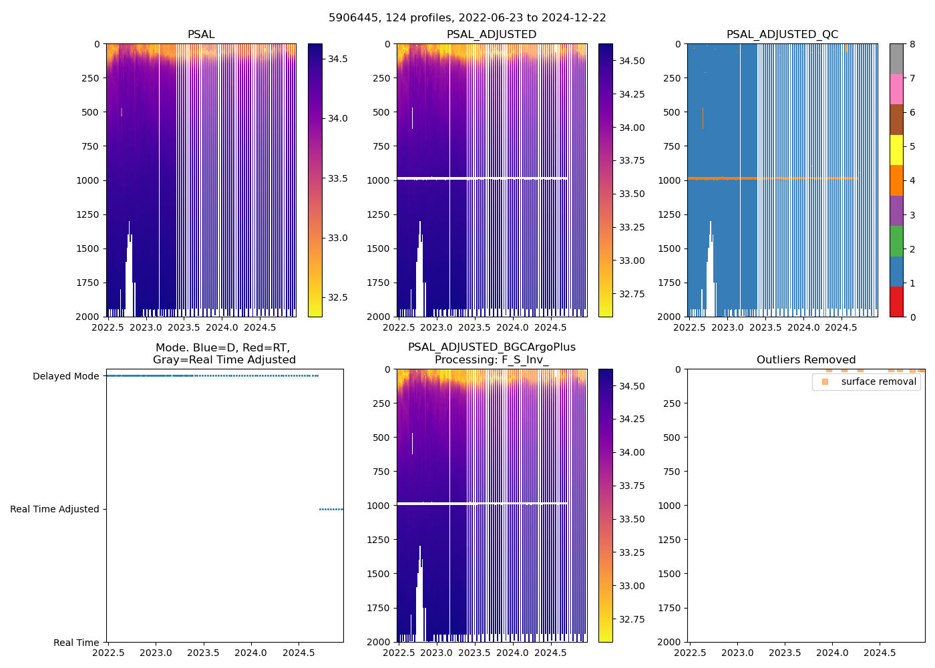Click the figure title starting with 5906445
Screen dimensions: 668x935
(467, 18)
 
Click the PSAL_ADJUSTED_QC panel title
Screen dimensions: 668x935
(782, 35)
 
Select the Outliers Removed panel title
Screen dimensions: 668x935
(805, 360)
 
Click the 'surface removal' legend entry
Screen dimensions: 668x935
(878, 381)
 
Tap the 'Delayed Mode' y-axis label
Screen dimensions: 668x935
(65, 376)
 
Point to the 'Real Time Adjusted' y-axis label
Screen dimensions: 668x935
(54, 509)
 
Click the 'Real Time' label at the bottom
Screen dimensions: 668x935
(76, 643)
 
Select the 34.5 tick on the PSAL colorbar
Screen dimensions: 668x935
(337, 59)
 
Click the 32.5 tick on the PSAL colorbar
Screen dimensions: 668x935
(337, 297)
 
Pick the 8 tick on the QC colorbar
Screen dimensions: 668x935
(912, 44)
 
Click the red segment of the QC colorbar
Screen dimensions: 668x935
(896, 302)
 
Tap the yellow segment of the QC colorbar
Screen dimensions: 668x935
(896, 150)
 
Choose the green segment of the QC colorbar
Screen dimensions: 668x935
(896, 240)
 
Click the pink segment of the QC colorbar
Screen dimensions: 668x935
(896, 89)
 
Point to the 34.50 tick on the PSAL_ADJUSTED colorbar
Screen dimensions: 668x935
(632, 61)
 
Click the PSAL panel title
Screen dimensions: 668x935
(201, 35)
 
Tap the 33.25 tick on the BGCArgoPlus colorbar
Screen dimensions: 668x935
(632, 552)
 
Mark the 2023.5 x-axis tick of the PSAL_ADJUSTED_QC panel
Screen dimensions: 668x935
(765, 327)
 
